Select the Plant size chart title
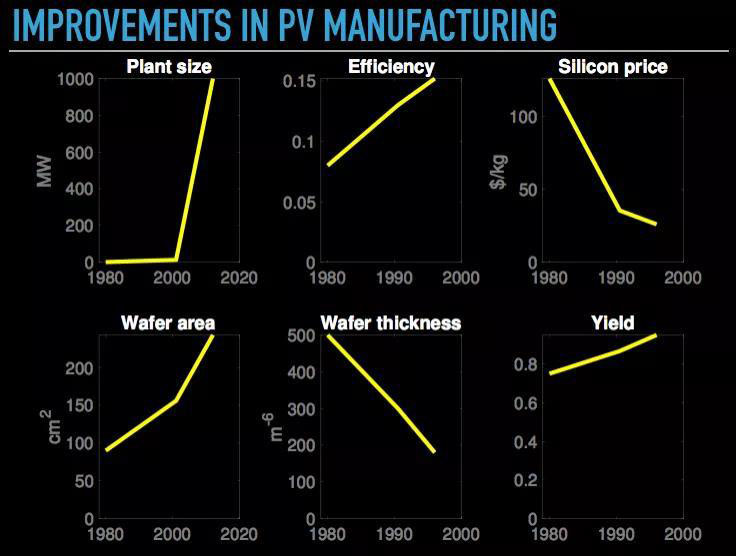pos(168,67)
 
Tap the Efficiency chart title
pos(391,67)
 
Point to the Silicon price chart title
pos(612,67)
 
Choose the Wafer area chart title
pos(168,322)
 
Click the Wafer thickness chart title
pos(390,322)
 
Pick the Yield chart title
pos(612,322)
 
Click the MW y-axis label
pos(44,171)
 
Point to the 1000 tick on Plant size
pos(76,79)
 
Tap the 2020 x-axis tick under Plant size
pos(237,277)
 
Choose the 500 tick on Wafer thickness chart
pos(302,336)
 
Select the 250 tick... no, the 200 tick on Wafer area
pos(83,368)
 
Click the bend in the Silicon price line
pos(619,210)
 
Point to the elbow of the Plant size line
pos(177,260)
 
